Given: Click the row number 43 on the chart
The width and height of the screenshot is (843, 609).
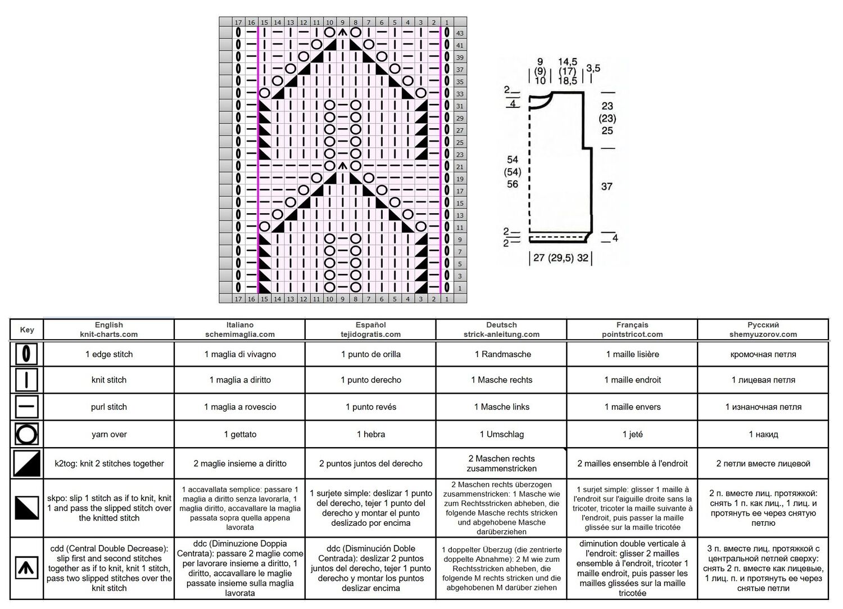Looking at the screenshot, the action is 460,33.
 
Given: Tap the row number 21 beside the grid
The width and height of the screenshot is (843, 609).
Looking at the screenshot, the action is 460,167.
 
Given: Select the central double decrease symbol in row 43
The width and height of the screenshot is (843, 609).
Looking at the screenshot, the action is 342,33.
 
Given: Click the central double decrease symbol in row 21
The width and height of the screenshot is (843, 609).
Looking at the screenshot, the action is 342,166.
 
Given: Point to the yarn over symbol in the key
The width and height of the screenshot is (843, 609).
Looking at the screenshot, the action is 26,434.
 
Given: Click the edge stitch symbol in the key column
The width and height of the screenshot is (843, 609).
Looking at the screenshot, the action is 26,354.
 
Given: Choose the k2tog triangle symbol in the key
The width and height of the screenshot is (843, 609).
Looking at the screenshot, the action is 26,463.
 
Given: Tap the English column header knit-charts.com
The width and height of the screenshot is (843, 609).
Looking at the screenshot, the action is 109,334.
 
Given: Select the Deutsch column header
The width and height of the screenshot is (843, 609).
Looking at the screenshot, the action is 501,329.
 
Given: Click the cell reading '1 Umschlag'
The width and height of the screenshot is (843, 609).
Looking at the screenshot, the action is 501,434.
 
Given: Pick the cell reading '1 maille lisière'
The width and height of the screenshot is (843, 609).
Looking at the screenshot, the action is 632,354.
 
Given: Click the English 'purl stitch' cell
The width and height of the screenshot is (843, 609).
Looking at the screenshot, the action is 109,407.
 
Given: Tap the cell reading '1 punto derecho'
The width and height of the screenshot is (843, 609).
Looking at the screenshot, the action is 371,380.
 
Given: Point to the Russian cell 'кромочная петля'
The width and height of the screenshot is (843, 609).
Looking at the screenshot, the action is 763,354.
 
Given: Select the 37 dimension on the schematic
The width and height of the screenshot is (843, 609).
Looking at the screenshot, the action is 606,187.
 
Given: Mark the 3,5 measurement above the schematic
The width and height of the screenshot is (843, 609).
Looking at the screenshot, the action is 593,68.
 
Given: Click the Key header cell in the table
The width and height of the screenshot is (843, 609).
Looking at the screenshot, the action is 27,330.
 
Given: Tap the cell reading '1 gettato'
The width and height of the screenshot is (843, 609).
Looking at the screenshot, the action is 240,434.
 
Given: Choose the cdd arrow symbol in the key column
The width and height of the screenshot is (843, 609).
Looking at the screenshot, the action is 26,567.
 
